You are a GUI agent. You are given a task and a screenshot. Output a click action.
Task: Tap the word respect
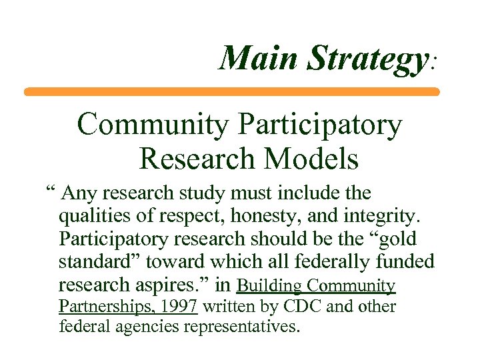tap(179, 217)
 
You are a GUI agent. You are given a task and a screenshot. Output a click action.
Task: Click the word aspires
tap(177, 285)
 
